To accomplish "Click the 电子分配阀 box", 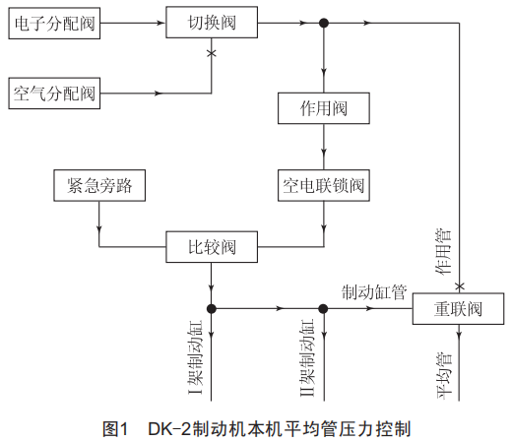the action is [x=54, y=24].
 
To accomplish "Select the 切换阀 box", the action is [x=212, y=23].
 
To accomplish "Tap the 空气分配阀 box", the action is [x=54, y=94].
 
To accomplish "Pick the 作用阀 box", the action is [x=324, y=108].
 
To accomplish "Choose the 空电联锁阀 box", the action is [x=324, y=185].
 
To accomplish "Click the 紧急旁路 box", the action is [x=99, y=185].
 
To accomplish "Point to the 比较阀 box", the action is [x=212, y=247].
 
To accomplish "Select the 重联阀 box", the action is [x=458, y=309].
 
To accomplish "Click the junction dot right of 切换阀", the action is [x=324, y=23].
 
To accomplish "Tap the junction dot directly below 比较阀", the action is [x=212, y=308].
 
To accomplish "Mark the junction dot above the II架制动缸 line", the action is [x=323, y=308].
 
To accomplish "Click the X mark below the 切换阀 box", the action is [x=212, y=53].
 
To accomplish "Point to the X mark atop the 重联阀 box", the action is [x=460, y=286].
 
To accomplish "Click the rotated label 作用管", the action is [x=443, y=252].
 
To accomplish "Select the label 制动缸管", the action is [x=374, y=292].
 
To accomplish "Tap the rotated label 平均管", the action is [x=445, y=375].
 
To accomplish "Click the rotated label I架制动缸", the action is [x=195, y=357].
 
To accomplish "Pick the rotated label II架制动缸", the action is [x=307, y=357].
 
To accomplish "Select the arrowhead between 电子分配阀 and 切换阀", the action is [x=160, y=23].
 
